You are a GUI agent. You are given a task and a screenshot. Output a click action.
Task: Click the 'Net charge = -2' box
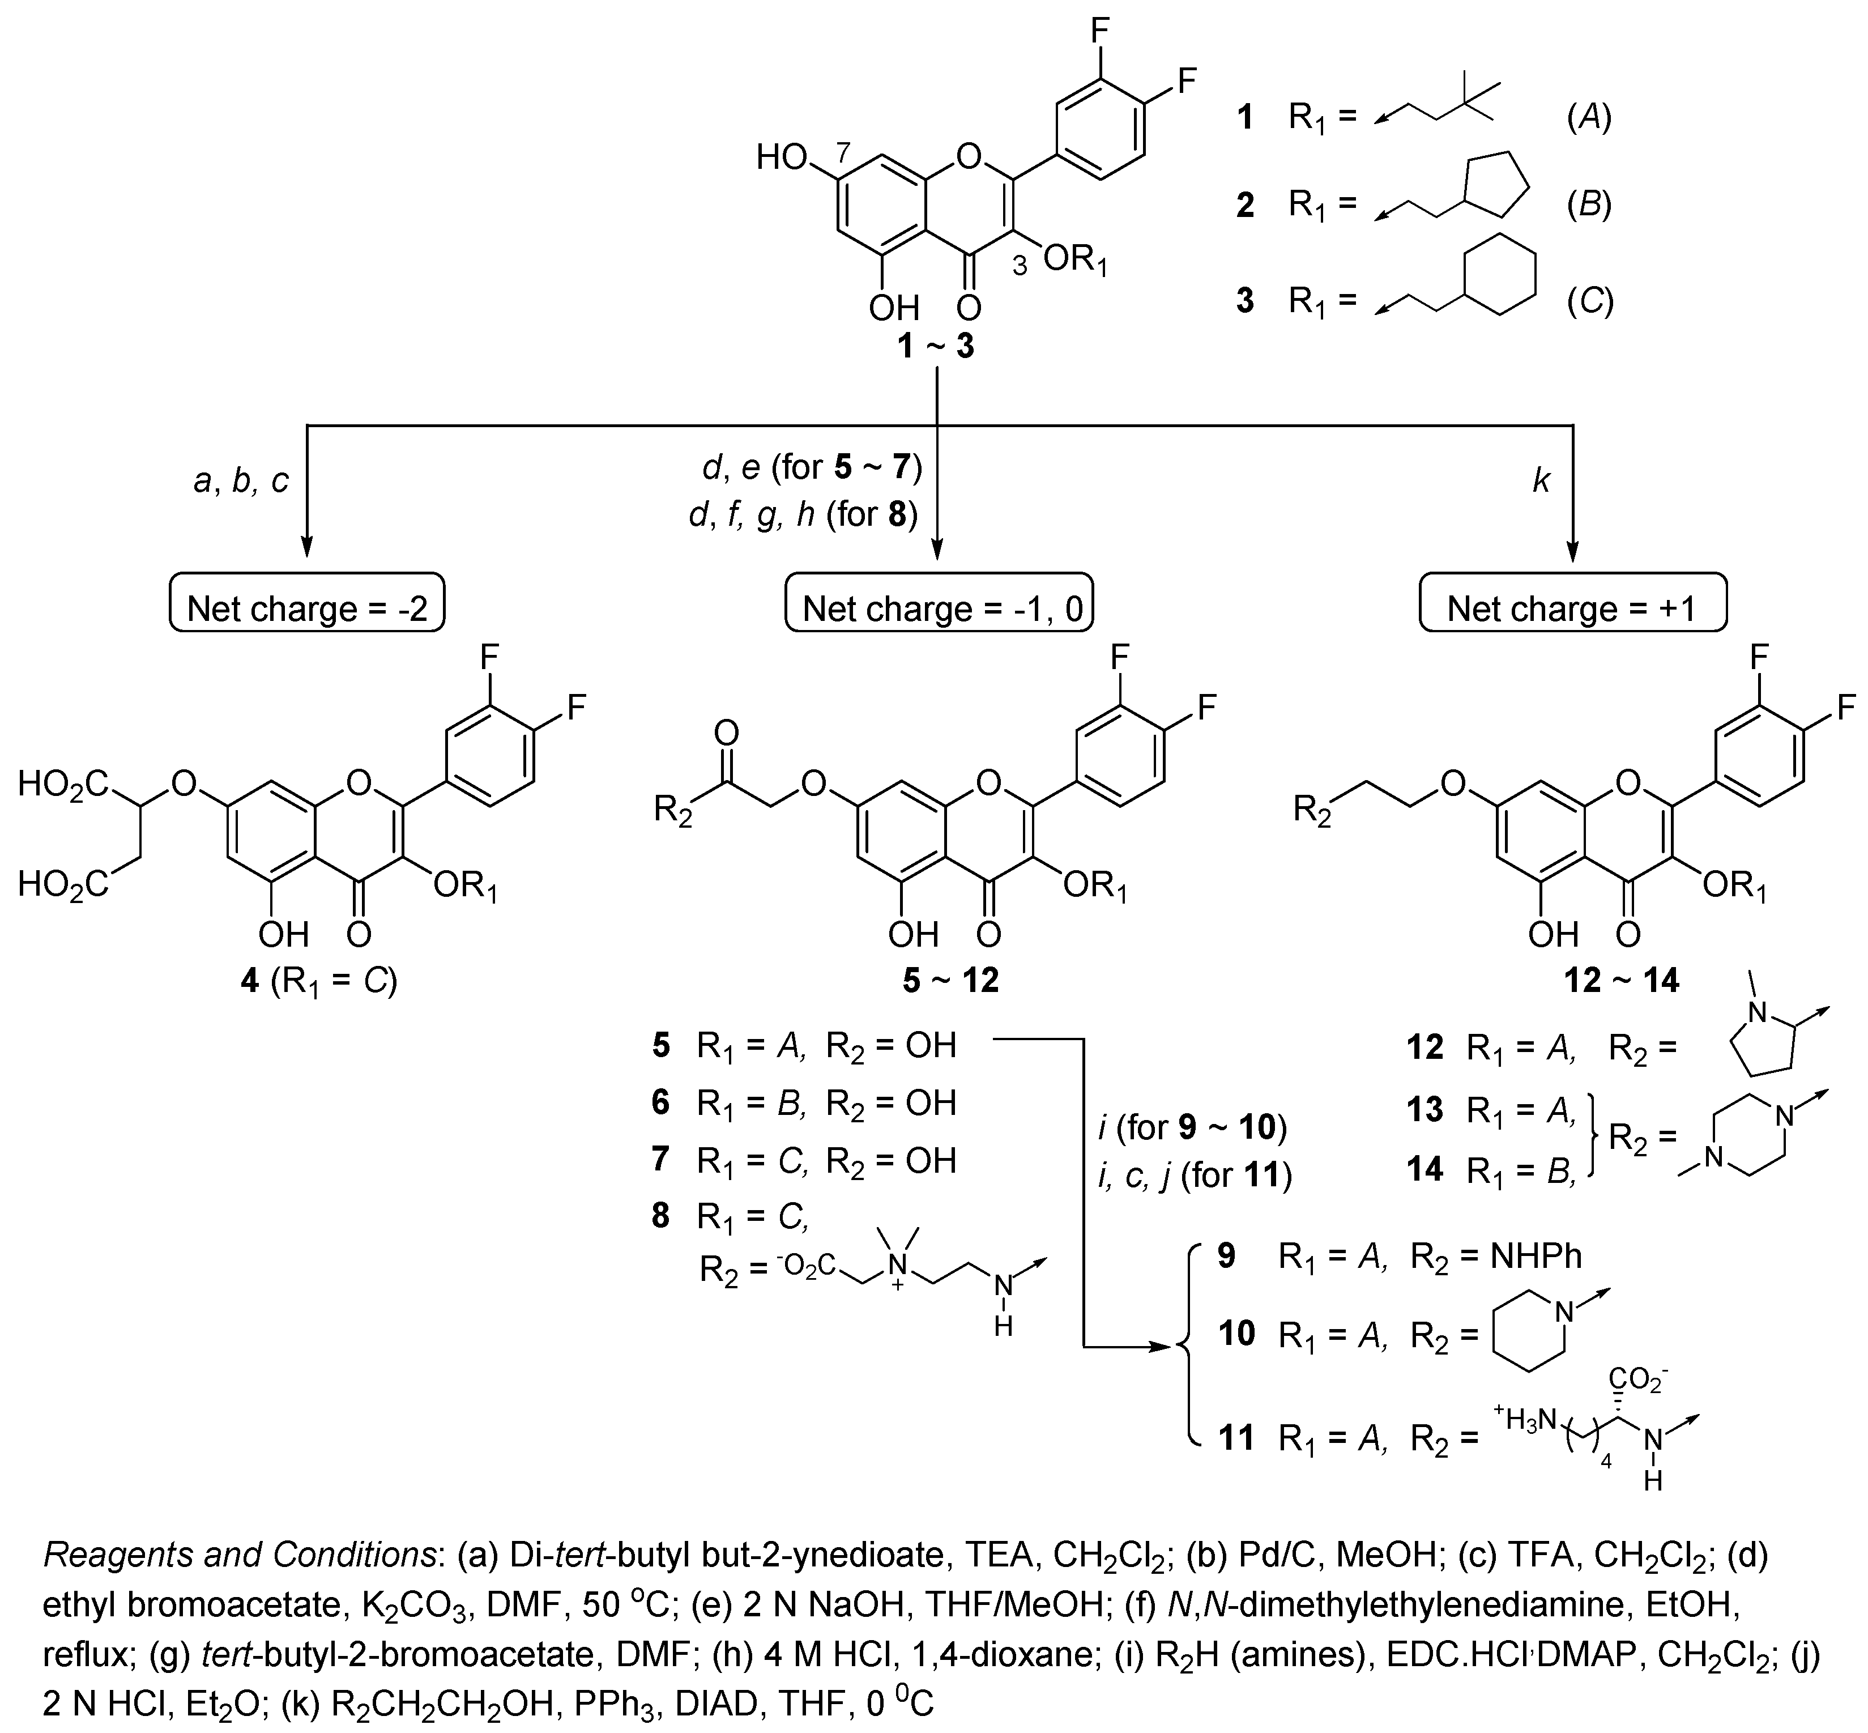pyautogui.click(x=306, y=608)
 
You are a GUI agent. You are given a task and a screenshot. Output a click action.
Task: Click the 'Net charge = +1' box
pyautogui.click(x=1572, y=608)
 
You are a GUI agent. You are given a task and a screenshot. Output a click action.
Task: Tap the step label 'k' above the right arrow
pyautogui.click(x=1540, y=481)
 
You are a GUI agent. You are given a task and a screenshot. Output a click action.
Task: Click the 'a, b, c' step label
pyautogui.click(x=241, y=481)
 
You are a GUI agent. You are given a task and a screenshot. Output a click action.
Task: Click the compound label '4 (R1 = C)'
pyautogui.click(x=319, y=982)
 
